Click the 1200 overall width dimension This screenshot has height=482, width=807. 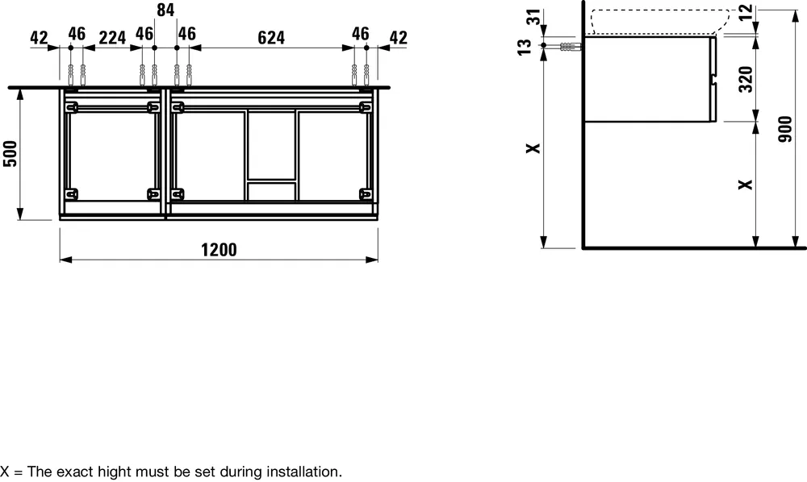[x=219, y=249]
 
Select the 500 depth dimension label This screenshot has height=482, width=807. [x=10, y=153]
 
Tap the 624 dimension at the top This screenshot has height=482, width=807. [x=271, y=36]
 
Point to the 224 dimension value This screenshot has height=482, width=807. [x=111, y=36]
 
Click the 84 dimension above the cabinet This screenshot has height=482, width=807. [x=165, y=10]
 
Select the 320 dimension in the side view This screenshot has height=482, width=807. [x=746, y=79]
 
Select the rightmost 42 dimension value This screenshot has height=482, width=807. [x=397, y=36]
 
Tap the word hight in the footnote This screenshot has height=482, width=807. [x=98, y=471]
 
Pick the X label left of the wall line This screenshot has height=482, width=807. [x=530, y=148]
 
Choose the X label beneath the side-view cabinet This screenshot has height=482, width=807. [x=746, y=184]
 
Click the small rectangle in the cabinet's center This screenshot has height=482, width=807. [x=271, y=190]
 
